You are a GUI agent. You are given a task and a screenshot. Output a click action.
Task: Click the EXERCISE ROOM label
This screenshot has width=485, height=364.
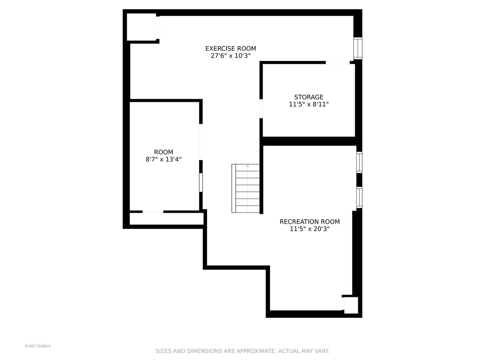pos(230,49)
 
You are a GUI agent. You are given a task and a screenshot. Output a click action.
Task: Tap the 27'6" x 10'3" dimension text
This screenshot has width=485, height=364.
pos(230,56)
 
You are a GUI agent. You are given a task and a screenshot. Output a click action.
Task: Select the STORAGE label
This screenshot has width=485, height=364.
pos(309,97)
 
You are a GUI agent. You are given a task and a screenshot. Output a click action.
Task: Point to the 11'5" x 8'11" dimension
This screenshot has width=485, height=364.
pos(309,104)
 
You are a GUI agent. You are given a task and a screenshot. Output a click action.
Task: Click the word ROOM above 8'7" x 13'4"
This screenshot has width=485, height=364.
pos(163,152)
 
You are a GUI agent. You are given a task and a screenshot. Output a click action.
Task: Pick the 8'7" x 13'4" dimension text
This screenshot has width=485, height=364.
pos(163,159)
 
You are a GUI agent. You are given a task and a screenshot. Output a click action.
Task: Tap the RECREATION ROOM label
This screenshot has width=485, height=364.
pos(310,222)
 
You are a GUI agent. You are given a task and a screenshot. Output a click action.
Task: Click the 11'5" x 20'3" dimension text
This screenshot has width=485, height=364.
pos(310,229)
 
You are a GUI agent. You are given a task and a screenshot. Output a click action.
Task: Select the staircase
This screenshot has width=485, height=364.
pos(246,188)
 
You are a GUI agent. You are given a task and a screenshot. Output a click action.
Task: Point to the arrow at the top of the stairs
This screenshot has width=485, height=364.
pos(248,166)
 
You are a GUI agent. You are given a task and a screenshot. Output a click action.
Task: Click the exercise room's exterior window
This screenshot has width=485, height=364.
pos(358,49)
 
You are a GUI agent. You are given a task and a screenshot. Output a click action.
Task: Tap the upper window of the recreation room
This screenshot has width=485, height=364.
pos(359,162)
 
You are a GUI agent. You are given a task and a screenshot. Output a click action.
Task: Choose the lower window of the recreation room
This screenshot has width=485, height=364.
pos(359,198)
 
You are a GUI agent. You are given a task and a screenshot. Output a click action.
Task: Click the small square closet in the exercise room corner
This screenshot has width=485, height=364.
pos(141,27)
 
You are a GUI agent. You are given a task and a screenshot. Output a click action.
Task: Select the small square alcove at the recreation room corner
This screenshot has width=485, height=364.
pos(351,305)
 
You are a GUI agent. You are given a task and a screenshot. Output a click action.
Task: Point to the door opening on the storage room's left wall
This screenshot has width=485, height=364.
pos(261,109)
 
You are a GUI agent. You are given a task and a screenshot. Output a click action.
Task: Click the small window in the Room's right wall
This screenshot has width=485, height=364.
pos(201,183)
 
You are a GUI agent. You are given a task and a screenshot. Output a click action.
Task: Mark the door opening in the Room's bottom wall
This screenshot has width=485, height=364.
pos(153,212)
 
